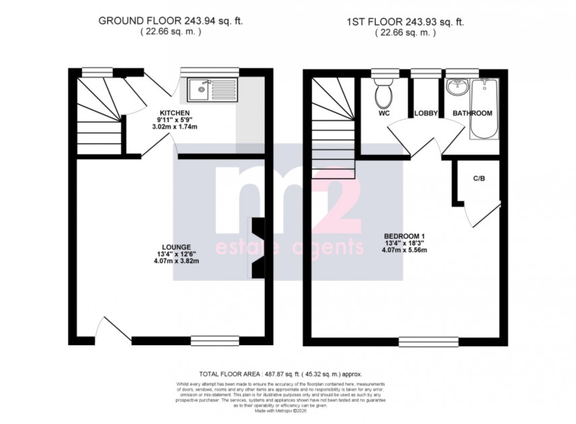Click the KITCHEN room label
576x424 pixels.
click(174, 113)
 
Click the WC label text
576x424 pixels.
click(384, 114)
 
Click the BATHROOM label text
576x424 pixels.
click(472, 113)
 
